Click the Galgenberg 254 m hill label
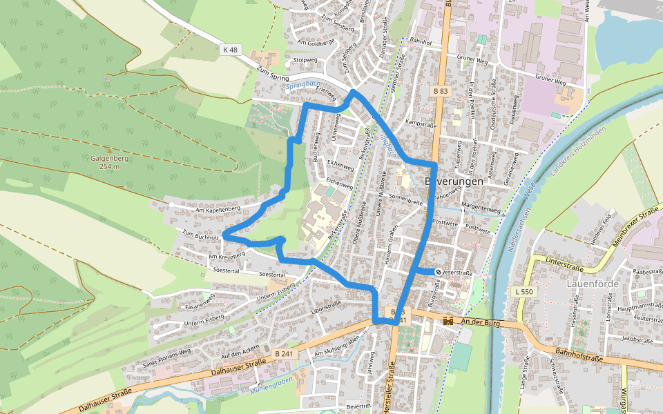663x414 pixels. [109, 162]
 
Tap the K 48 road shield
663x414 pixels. [230, 50]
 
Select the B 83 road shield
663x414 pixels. [442, 91]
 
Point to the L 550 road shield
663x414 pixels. [524, 292]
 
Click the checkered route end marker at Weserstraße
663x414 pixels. [438, 272]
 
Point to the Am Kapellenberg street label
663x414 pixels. [218, 208]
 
